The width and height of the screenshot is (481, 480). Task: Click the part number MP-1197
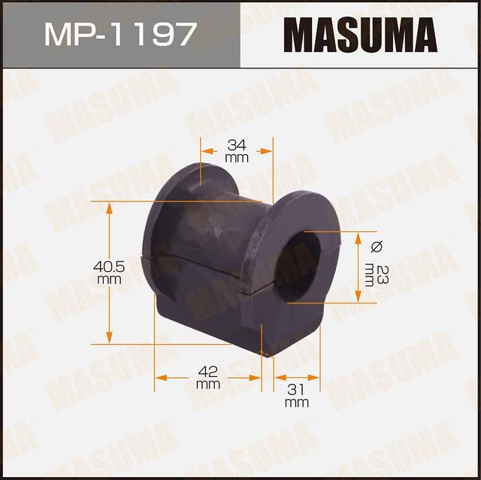click(120, 34)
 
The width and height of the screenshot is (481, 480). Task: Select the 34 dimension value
click(236, 143)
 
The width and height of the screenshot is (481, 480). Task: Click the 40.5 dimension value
click(109, 266)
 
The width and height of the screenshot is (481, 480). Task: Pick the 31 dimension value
click(297, 388)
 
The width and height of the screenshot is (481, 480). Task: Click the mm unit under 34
click(236, 158)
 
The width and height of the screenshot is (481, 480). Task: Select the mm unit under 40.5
click(109, 279)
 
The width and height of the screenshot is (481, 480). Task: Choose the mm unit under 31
click(297, 403)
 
